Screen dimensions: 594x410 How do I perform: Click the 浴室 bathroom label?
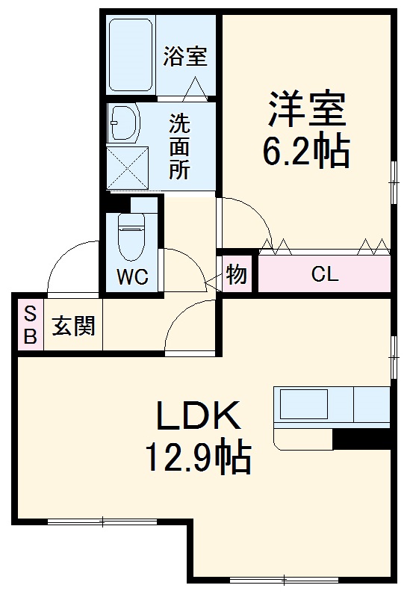[x=185, y=55]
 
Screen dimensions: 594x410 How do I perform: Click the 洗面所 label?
[x=178, y=146]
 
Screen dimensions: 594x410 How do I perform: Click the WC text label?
[x=131, y=278]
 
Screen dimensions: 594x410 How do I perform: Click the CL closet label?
[x=325, y=274]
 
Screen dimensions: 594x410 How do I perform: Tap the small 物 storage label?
[x=236, y=274]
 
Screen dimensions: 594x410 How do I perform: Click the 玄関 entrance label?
[x=73, y=326]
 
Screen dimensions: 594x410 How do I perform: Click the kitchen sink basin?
[x=304, y=405]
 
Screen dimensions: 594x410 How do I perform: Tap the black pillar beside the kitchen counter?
[x=361, y=439]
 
